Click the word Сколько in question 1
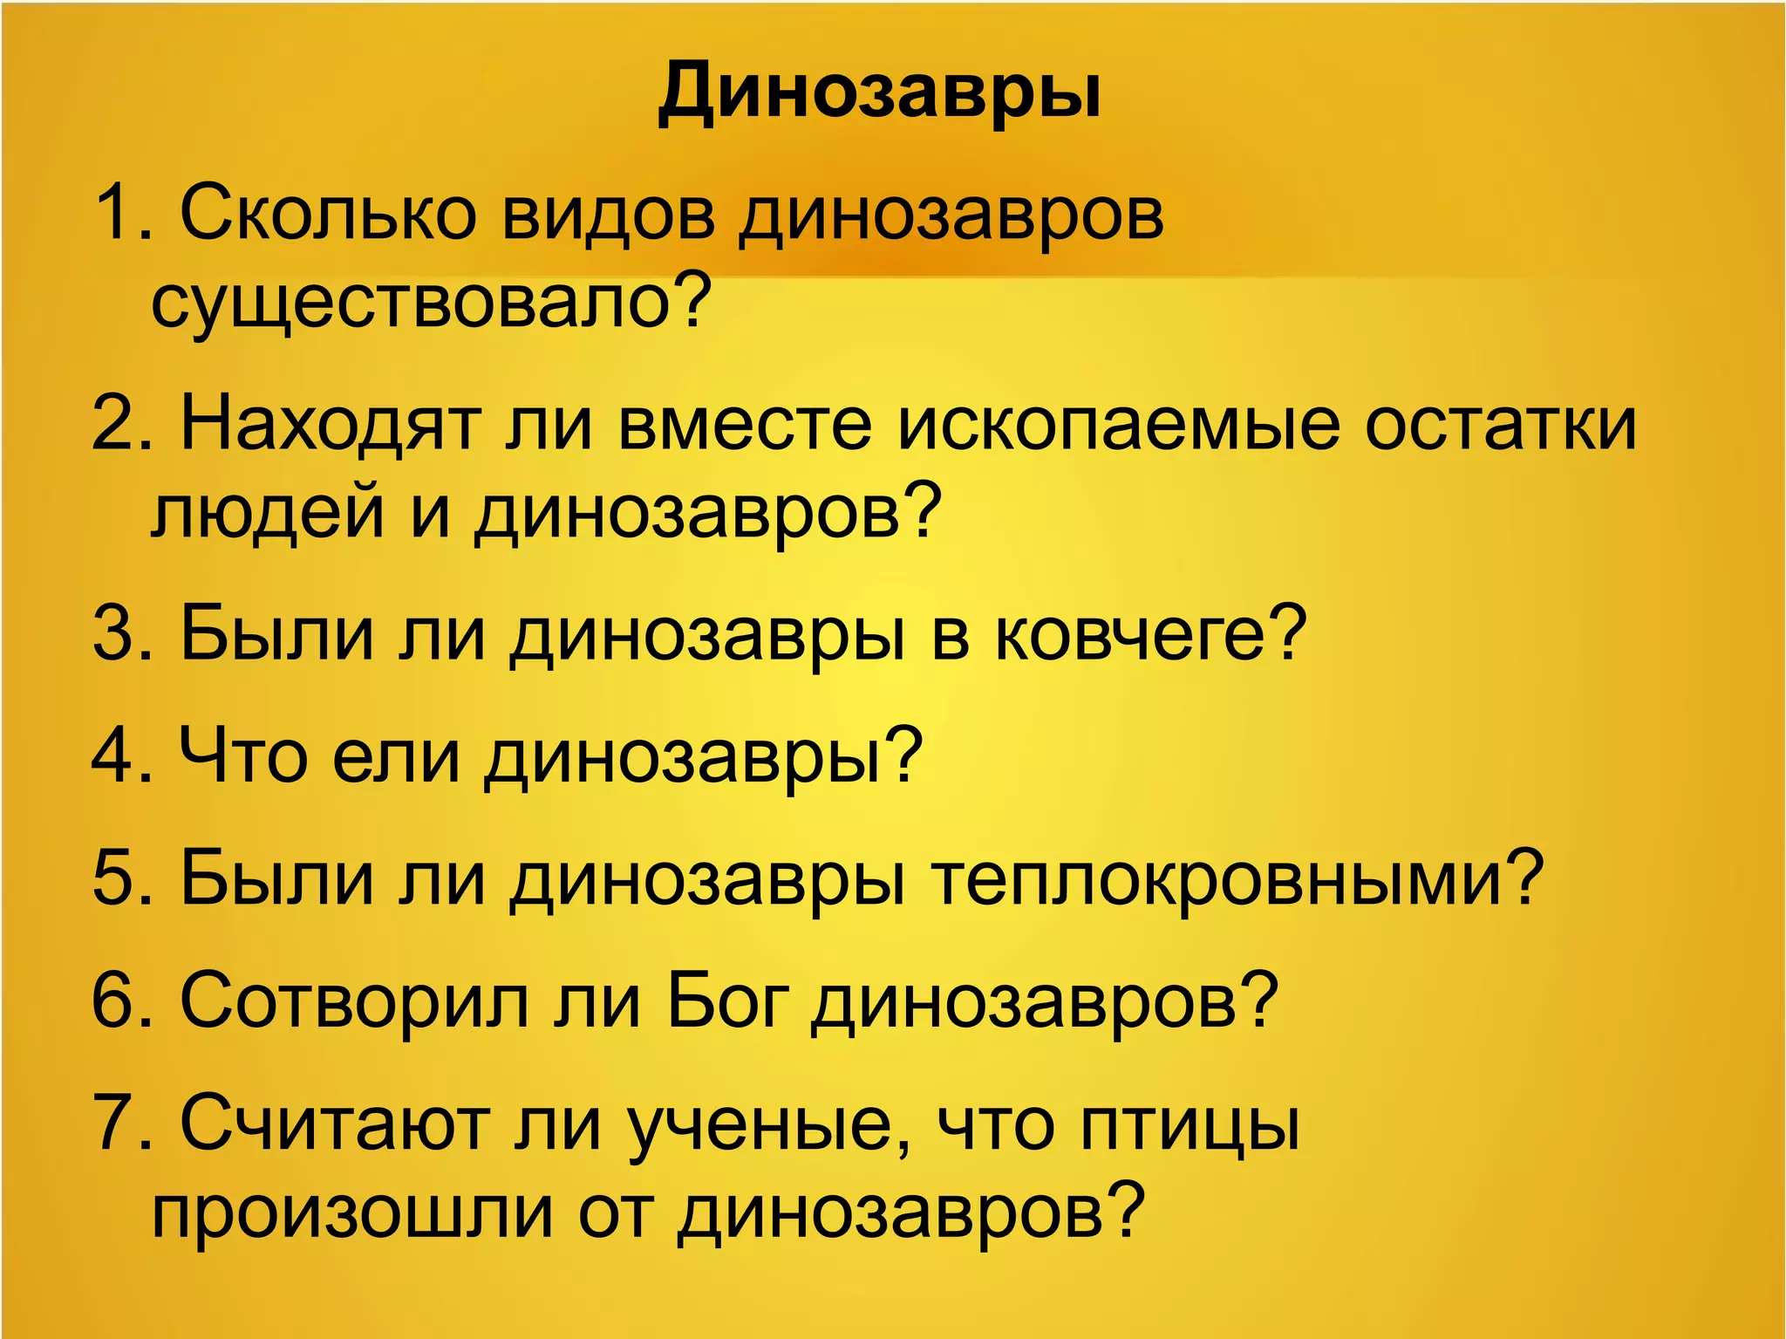point(327,214)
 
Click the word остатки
point(1500,425)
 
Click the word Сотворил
point(354,1001)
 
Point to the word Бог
point(728,1001)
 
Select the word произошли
point(352,1213)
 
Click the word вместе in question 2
point(745,425)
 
